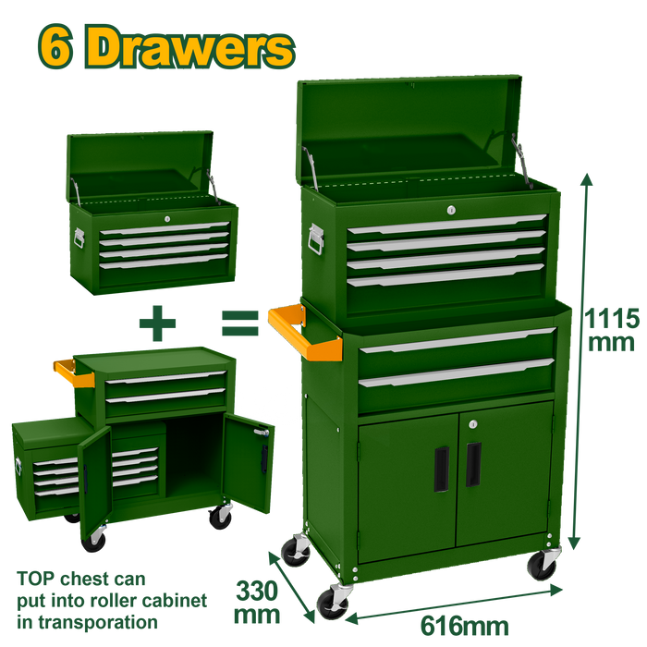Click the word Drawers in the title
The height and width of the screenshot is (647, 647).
[x=189, y=47]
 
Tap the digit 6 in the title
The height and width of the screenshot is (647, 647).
[x=55, y=46]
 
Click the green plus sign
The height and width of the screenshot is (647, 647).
[x=157, y=323]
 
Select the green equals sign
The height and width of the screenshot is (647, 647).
[x=240, y=323]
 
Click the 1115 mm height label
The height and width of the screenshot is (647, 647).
[x=612, y=330]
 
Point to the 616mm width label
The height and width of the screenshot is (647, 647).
[x=465, y=626]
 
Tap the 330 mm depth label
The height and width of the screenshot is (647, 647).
[x=257, y=603]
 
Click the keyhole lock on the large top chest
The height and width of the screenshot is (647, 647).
[x=451, y=210]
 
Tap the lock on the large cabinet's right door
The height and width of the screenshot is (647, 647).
[x=473, y=423]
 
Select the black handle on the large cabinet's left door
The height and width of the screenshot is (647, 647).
[x=442, y=469]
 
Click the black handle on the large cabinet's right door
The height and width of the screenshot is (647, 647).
[x=473, y=465]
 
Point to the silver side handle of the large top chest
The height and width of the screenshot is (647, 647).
[x=316, y=238]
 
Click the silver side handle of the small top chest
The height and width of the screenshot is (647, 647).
[x=79, y=238]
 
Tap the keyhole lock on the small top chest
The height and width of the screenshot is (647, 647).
[x=167, y=219]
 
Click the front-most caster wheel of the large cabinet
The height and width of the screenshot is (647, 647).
[x=333, y=604]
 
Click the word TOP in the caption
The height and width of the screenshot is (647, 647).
[x=36, y=579]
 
